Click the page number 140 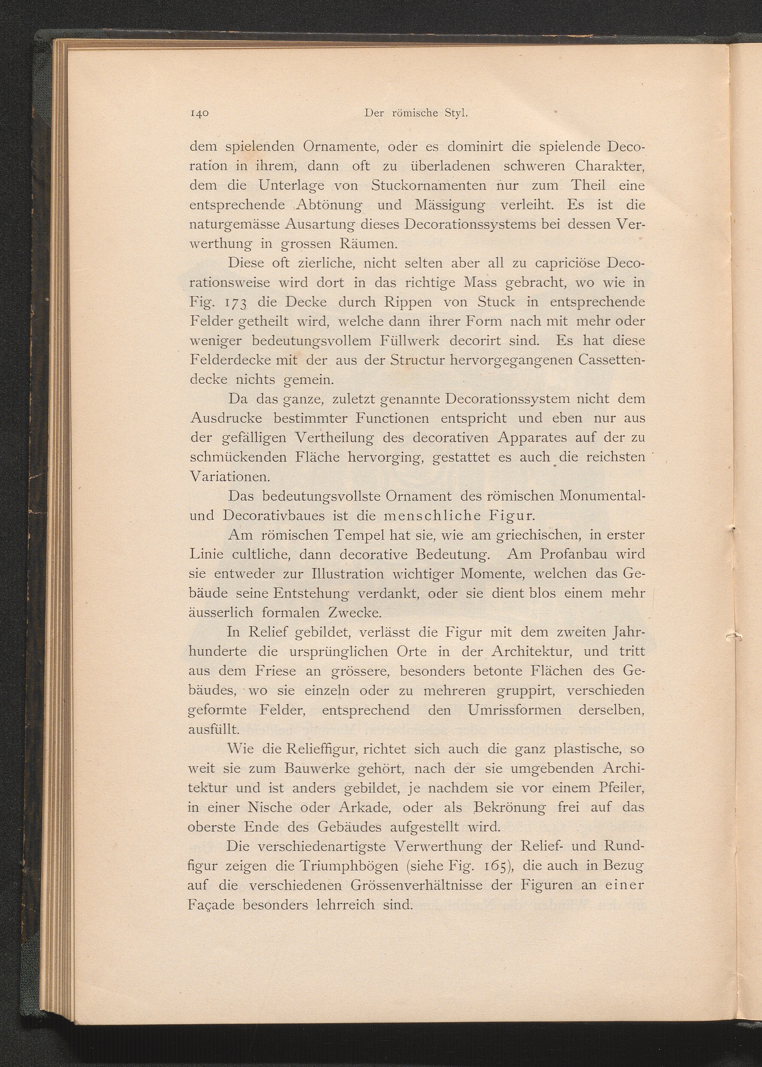200,114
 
